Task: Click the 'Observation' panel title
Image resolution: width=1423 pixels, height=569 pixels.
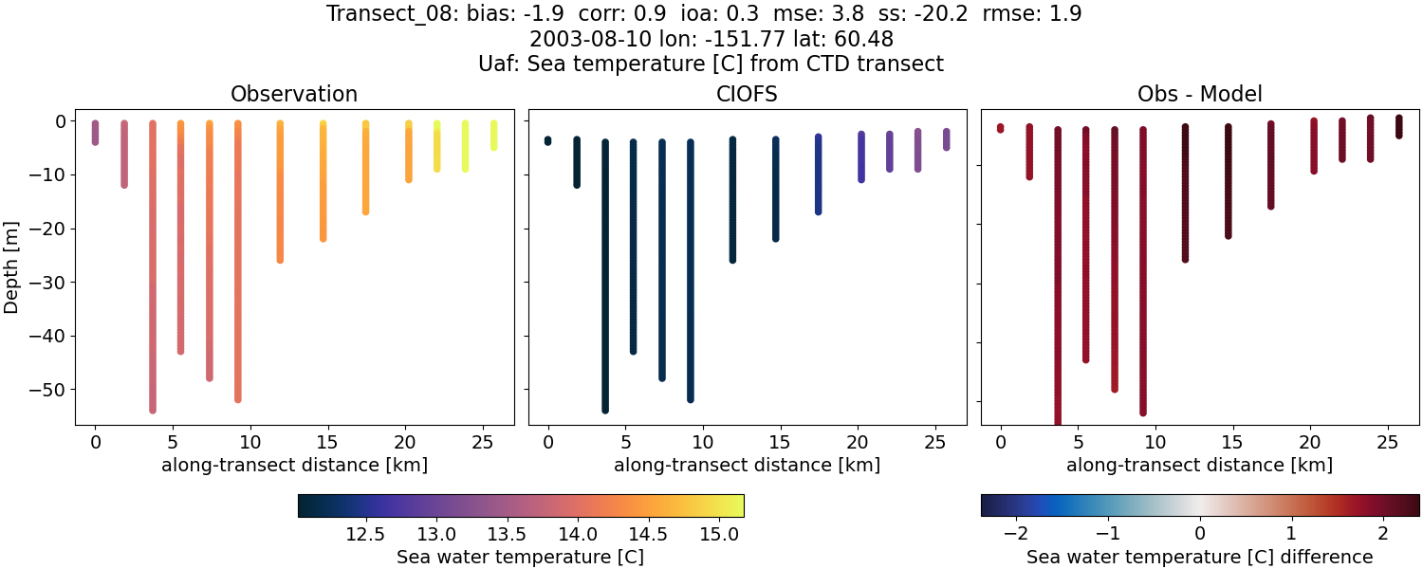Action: [294, 95]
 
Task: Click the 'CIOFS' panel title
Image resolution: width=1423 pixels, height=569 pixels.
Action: [747, 95]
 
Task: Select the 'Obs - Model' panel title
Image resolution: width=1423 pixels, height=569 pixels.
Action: [1199, 95]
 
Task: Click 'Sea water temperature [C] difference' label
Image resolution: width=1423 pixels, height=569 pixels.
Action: [1199, 557]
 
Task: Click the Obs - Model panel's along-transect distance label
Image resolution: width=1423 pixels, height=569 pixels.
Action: [1199, 465]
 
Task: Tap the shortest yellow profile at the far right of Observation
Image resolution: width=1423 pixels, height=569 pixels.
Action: [493, 135]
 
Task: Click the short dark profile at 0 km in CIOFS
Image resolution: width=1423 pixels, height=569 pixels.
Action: [547, 141]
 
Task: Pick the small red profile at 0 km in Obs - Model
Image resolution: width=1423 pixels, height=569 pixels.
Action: [1000, 128]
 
